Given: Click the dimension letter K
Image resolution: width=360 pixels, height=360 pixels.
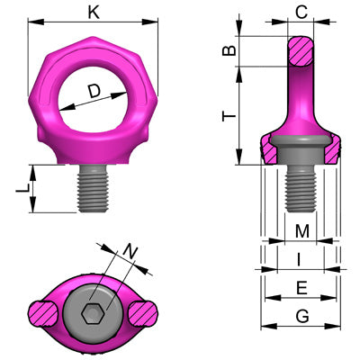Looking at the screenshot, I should point(94,13).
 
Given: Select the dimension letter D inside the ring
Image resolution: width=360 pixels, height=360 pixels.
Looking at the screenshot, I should point(94,91).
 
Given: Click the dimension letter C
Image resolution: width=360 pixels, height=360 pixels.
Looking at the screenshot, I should point(301,13).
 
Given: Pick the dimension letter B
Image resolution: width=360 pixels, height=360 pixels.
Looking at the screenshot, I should point(231,51).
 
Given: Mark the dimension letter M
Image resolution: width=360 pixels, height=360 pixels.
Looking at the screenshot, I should point(301,232).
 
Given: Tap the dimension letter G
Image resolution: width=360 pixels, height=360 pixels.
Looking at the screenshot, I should point(301,316).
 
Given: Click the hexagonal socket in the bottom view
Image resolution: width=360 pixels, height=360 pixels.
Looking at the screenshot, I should point(91,314).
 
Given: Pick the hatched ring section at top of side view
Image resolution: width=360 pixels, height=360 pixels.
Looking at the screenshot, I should point(301,50).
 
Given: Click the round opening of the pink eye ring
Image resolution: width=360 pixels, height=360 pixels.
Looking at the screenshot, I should point(93,99).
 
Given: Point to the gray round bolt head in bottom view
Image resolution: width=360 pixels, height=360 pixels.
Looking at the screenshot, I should point(91,297).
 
